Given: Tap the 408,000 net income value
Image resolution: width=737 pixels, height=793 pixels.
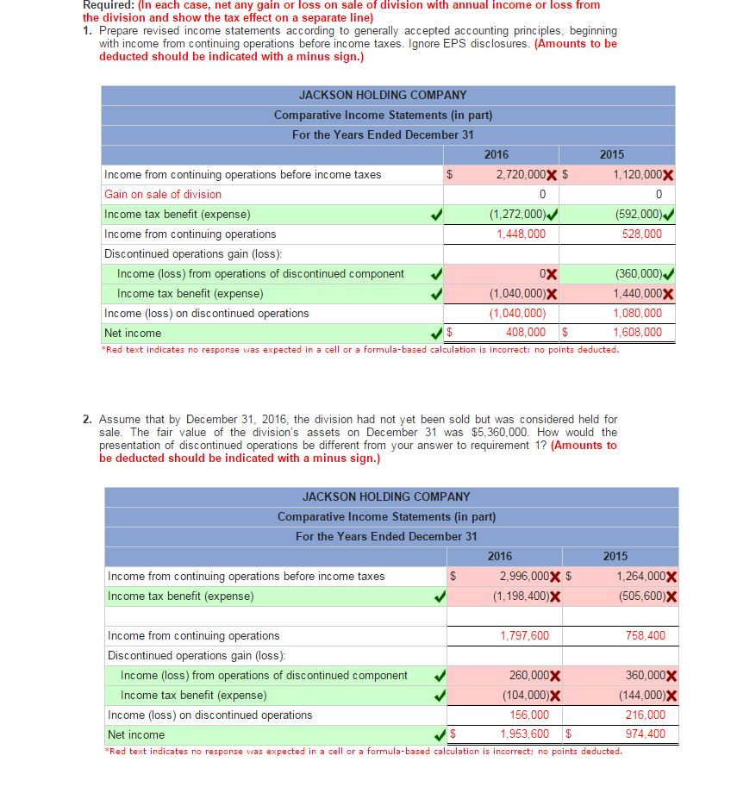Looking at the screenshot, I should pyautogui.click(x=525, y=332).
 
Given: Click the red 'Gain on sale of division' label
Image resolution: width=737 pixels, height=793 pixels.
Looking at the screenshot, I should pyautogui.click(x=163, y=194).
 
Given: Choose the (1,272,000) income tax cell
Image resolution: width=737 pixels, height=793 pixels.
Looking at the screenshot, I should pyautogui.click(x=517, y=214).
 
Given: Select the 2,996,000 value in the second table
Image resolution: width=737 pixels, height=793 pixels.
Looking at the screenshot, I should pyautogui.click(x=523, y=576).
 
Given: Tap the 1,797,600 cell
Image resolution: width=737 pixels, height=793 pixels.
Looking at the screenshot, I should pyautogui.click(x=524, y=635).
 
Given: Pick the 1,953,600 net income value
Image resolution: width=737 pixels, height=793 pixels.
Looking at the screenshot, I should pyautogui.click(x=524, y=734).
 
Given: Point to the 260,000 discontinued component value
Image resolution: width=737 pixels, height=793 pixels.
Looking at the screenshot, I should pyautogui.click(x=528, y=675).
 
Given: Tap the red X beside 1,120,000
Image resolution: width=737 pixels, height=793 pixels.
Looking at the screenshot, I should pyautogui.click(x=669, y=175).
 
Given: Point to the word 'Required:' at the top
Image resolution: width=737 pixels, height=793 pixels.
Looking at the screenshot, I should pyautogui.click(x=106, y=5).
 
